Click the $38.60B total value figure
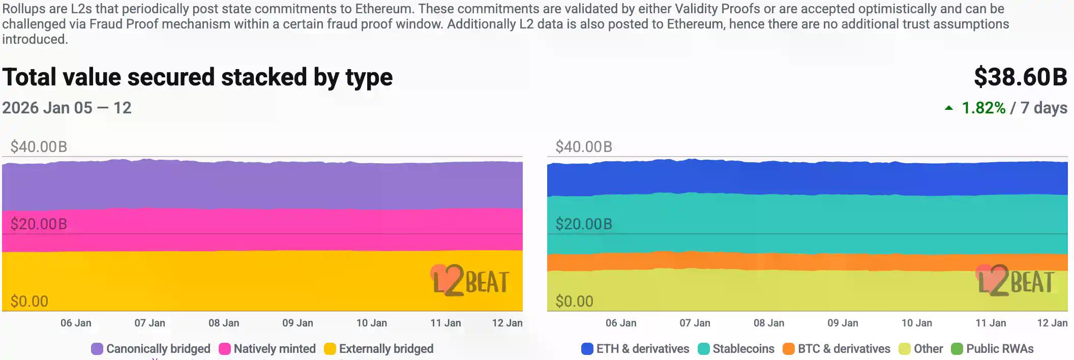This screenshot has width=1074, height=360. [1020, 77]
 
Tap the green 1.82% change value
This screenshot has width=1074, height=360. [983, 108]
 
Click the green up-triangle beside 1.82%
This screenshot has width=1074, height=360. [949, 108]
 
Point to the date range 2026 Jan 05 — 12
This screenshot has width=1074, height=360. [67, 108]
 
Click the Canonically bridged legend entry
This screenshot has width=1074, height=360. [151, 349]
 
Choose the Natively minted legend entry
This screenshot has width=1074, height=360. [267, 349]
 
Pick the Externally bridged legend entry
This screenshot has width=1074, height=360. [379, 349]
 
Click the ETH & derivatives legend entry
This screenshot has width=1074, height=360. [635, 349]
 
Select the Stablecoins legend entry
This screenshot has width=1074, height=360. [736, 349]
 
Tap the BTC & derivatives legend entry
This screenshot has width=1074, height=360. [837, 349]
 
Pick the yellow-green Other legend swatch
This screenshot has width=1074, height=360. [904, 349]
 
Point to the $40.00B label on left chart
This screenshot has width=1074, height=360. [39, 147]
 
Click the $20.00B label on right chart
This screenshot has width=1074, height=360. [584, 224]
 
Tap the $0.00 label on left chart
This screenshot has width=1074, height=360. [29, 302]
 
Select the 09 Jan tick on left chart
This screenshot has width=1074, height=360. [297, 323]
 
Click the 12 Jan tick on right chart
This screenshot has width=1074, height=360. [1052, 323]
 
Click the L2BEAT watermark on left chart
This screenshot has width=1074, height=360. [470, 281]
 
